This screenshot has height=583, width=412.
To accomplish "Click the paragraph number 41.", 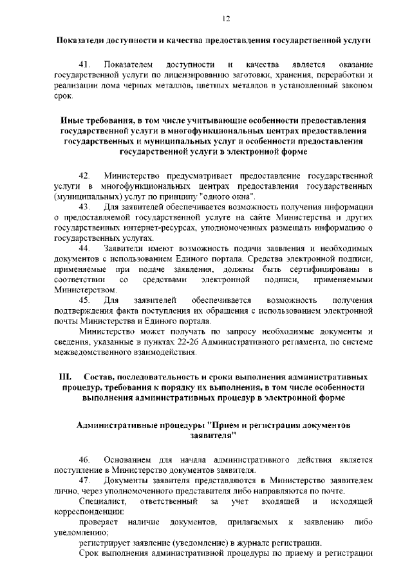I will (84, 66).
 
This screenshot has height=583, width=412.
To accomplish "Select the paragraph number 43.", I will (84, 207).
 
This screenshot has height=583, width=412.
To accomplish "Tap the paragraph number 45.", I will (84, 301).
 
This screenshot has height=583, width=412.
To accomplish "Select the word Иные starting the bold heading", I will (73, 120).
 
